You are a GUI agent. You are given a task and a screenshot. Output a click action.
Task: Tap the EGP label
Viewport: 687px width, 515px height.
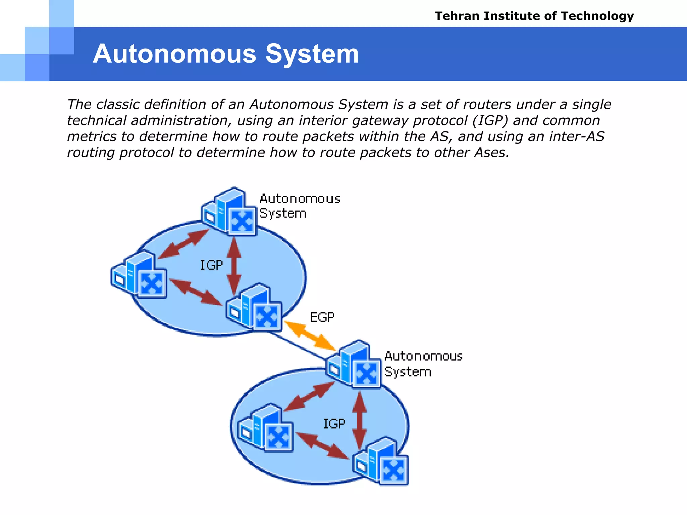coord(322,317)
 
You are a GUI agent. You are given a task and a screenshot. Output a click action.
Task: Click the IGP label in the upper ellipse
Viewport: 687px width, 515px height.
coord(211,265)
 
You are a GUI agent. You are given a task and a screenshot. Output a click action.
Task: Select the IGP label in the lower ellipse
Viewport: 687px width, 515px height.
coord(334,424)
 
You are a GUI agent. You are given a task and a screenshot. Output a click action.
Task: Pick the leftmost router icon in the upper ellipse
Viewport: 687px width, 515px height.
coord(139,275)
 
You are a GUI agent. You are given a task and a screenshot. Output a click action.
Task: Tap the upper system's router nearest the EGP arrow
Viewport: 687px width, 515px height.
coord(254,307)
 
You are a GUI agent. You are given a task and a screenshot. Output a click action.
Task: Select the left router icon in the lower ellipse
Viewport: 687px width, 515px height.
coord(265,428)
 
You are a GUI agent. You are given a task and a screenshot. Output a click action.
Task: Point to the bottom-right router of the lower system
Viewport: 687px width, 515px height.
coord(382,461)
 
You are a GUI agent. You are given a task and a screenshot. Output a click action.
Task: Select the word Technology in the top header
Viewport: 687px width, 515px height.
coord(597,16)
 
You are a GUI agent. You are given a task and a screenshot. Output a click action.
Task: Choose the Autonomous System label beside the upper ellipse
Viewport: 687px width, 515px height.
coord(300,206)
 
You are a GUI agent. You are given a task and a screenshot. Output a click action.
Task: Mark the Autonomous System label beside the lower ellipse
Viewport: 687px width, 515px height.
coord(423,364)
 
